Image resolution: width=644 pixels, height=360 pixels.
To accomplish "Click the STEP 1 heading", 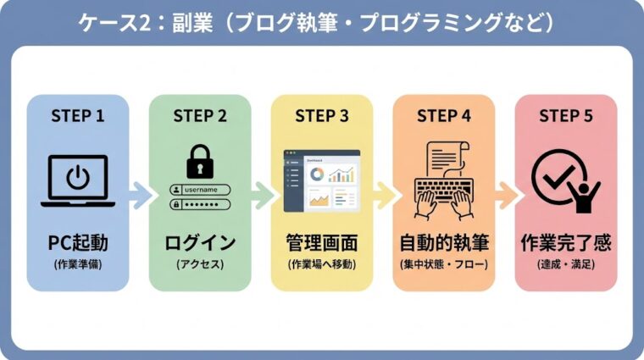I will click(x=78, y=116).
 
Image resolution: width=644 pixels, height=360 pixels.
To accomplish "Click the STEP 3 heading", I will click(x=322, y=116).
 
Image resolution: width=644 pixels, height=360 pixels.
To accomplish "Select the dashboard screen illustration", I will click(x=322, y=180).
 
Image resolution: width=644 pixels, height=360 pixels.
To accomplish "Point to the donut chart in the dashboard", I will click(x=316, y=174).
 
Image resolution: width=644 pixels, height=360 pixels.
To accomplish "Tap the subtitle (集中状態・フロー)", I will click(x=444, y=264).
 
